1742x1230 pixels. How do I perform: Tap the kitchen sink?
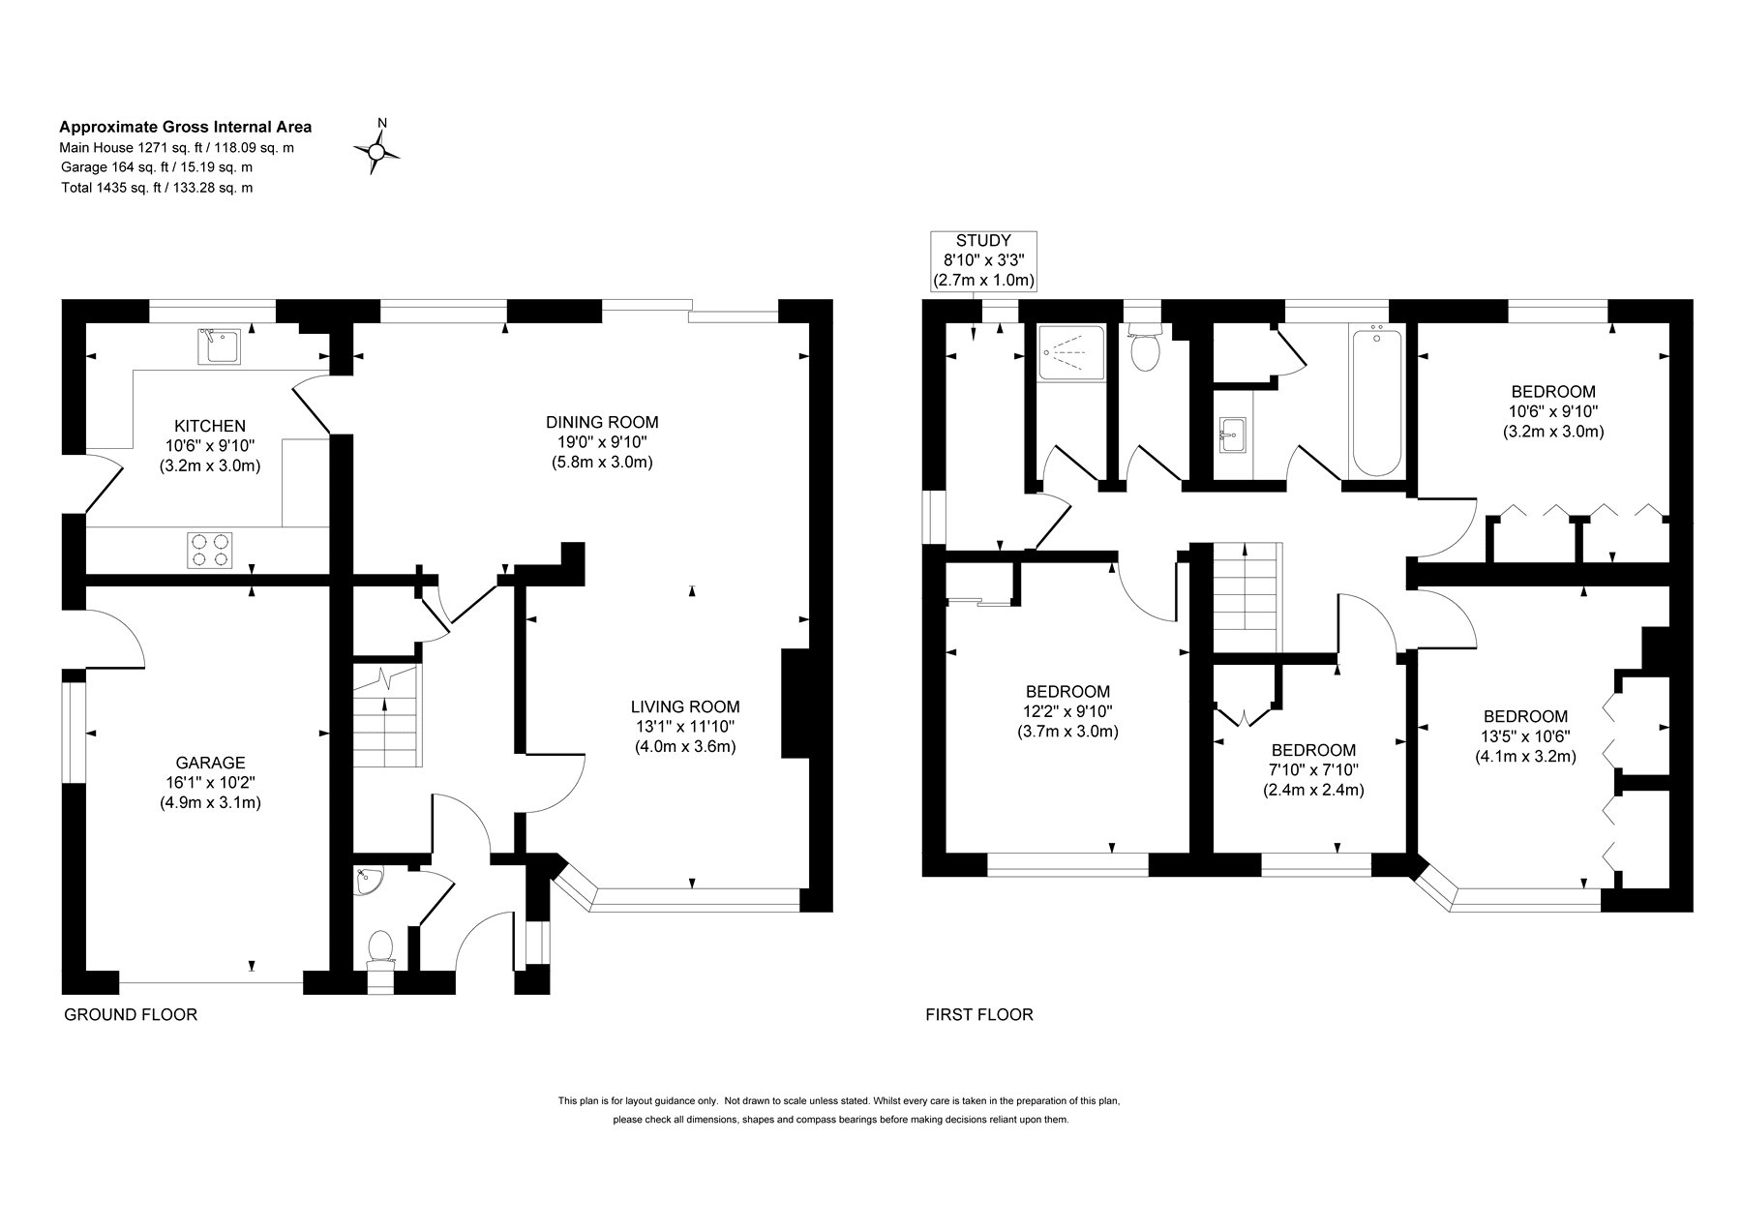coord(219,346)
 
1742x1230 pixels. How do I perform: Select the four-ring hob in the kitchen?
coord(210,550)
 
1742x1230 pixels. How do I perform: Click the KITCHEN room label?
coord(210,426)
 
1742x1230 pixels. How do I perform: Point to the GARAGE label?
coord(210,763)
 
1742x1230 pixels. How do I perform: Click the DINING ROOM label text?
coord(602,422)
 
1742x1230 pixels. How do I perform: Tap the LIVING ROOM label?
coord(685,706)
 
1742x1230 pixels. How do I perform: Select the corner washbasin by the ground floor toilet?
coord(368,881)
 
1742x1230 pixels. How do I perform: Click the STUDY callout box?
coord(983,260)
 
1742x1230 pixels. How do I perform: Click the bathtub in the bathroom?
coord(1376,402)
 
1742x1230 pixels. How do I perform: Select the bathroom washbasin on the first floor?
coord(1233,435)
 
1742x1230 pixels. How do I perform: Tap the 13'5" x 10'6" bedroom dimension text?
coord(1525,736)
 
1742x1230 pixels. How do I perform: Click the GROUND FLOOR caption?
coord(131,1014)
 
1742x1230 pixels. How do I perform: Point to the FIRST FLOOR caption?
coord(979,1014)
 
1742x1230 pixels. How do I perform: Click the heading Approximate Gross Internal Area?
coord(186,127)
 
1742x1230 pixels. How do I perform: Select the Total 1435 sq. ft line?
coord(156,188)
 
